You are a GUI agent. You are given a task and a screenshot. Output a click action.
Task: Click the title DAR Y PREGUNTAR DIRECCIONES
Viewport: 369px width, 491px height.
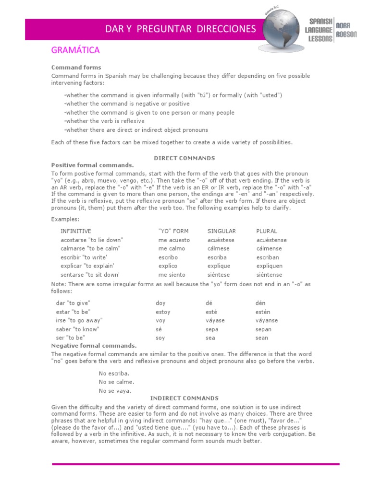pos(181,29)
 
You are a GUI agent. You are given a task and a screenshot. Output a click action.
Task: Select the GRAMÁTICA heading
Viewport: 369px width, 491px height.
pos(75,50)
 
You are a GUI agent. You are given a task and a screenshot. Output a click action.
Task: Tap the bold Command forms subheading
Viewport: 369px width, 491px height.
pos(76,68)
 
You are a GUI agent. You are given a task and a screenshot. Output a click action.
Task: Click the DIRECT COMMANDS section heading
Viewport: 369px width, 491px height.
pos(184,158)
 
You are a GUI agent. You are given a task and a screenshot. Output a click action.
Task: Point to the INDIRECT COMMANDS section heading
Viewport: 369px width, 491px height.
pos(184,398)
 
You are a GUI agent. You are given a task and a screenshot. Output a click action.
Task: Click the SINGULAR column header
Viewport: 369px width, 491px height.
pos(221,231)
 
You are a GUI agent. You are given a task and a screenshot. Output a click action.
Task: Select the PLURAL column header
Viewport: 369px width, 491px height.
pos(267,231)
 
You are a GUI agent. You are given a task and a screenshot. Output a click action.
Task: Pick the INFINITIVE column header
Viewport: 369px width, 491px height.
pos(75,231)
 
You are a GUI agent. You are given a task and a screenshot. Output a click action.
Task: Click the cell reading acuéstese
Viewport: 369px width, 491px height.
pos(221,240)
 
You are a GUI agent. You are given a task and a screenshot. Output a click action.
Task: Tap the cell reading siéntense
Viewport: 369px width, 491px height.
pos(269,275)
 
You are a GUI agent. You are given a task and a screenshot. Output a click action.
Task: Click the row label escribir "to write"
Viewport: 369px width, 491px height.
pos(84,257)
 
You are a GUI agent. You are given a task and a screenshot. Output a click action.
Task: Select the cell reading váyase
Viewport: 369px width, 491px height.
pos(215,320)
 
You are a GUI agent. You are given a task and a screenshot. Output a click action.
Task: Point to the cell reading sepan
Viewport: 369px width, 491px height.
pos(263,329)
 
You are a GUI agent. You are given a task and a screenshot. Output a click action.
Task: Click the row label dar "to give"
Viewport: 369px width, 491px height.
pos(73,303)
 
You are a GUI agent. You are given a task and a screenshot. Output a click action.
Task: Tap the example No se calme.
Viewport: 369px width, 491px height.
pos(116,382)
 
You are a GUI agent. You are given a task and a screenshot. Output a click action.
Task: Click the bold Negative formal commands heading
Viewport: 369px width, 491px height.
pos(94,345)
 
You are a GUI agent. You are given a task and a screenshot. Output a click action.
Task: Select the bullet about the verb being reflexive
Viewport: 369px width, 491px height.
pos(104,121)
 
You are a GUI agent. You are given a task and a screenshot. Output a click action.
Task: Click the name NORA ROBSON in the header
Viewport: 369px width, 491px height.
pos(346,30)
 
